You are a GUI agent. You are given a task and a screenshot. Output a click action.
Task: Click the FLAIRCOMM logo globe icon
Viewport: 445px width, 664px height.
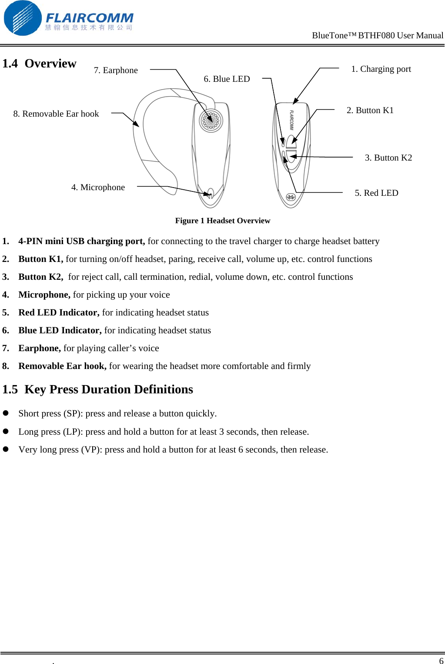22,18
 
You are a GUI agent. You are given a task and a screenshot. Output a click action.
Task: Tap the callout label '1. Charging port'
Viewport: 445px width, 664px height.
381,69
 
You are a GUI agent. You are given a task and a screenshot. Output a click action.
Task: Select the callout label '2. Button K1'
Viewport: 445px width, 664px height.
370,111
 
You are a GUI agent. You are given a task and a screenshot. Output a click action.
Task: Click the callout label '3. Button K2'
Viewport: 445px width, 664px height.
388,158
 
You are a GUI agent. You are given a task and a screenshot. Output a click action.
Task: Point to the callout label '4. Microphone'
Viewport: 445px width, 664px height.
98,188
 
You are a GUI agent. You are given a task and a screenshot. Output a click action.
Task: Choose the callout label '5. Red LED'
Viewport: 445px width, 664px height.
376,193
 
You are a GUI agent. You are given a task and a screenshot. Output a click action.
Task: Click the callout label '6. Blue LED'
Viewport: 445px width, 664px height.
227,79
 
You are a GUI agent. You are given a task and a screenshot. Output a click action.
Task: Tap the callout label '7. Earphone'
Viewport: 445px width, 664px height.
116,70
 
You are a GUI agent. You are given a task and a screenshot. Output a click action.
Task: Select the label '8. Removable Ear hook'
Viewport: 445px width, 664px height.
56,114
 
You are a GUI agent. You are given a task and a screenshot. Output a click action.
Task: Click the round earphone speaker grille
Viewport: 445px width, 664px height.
211,121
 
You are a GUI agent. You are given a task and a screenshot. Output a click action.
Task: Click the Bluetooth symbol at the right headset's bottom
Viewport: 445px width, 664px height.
291,197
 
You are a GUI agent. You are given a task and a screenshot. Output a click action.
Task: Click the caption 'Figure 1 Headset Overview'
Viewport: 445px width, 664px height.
223,221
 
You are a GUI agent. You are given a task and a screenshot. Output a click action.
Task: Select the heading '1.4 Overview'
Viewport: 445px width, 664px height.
39,64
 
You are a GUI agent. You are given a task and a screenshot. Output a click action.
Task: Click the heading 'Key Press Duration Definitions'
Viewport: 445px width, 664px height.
108,389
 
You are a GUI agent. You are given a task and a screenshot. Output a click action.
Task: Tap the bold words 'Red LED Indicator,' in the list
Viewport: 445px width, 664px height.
59,312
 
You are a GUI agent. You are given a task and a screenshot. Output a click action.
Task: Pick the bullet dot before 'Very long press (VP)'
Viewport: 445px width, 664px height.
6,449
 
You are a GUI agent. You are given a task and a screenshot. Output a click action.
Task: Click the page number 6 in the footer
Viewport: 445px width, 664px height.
441,661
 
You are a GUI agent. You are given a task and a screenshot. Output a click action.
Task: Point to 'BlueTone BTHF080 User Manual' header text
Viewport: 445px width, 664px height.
378,36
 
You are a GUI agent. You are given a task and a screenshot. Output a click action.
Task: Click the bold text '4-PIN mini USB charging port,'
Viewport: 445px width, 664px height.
81,241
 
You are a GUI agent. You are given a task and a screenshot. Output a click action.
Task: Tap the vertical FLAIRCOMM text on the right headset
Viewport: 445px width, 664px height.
291,120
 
